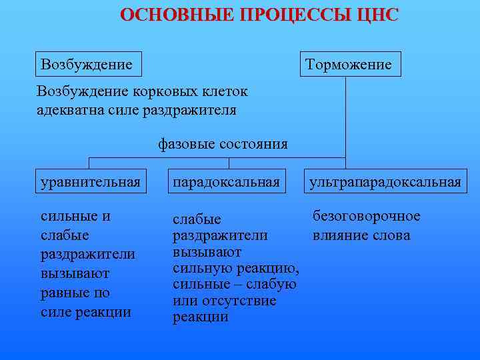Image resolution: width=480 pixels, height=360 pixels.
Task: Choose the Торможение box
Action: pos(350,65)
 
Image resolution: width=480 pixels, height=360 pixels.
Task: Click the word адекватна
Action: pos(70,109)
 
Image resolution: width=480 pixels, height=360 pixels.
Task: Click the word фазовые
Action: pos(185,144)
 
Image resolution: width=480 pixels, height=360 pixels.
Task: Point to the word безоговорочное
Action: pos(367,216)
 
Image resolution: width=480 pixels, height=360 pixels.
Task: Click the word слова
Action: pos(393,235)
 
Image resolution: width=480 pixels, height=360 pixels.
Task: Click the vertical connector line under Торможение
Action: pos(345,120)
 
